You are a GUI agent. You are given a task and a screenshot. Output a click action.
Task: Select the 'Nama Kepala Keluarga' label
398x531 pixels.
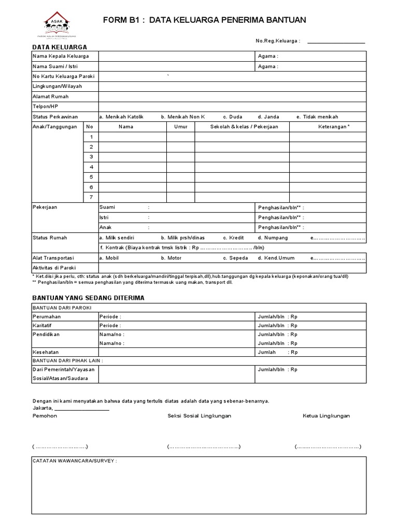61,56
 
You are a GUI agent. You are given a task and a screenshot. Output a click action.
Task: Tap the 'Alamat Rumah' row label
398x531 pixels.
50,96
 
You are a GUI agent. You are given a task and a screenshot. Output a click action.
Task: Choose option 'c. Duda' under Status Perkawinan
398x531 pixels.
232,117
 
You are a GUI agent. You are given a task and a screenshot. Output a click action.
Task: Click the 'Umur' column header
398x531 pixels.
180,127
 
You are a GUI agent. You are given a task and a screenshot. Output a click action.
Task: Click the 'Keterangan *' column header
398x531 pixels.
334,127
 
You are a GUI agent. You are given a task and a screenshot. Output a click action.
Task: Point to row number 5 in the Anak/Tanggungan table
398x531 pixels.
91,177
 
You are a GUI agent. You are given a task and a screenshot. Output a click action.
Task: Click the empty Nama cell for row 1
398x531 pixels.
133,137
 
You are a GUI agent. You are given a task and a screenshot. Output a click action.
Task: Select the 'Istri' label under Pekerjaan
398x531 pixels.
104,217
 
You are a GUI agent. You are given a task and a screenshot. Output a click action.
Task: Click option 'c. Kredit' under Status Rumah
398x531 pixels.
233,237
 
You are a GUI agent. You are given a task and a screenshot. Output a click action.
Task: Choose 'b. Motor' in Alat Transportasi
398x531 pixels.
170,258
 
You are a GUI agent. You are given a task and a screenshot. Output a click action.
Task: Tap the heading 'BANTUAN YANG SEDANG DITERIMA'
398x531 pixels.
88,298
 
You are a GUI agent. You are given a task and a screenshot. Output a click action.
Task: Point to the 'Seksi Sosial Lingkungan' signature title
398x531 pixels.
199,416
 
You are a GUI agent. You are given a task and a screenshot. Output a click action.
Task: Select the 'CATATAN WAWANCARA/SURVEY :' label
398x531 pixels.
75,461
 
